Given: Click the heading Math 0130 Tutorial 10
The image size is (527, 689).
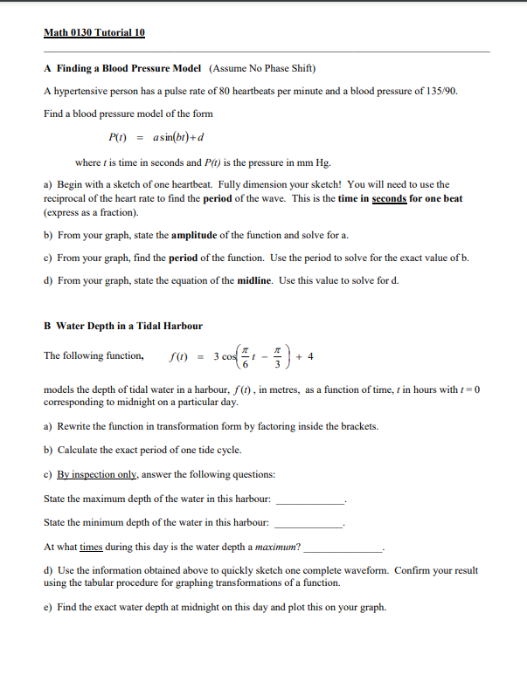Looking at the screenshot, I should pos(94,33).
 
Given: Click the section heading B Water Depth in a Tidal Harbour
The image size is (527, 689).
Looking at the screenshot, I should pos(123,326).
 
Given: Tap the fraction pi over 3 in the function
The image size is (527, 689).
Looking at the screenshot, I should pos(279,355).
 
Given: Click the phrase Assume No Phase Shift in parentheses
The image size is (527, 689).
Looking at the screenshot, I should pos(262,68).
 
